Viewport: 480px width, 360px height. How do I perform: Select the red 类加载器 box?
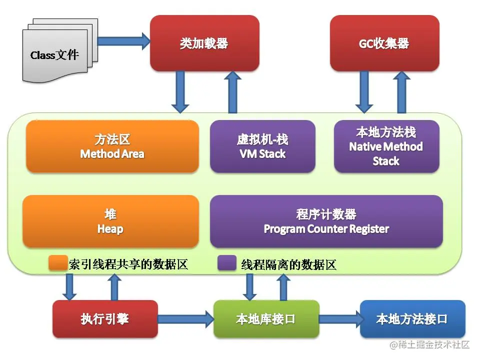coord(204,43)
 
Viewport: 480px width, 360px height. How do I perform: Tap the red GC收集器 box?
coord(384,43)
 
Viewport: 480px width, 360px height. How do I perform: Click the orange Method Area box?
coord(112,146)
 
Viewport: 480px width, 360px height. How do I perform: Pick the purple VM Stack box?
coord(262,146)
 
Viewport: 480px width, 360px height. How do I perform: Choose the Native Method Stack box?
coord(386,146)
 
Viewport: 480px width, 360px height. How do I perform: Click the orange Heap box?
coord(110,221)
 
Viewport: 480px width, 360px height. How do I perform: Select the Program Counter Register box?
coord(326,221)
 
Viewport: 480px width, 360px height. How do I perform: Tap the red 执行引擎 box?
coord(104,319)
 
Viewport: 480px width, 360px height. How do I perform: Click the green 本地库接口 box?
coord(266,319)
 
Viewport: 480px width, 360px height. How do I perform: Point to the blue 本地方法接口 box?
coord(412,319)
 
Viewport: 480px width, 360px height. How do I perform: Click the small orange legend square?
coord(57,263)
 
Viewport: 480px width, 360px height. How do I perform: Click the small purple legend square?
coord(226,263)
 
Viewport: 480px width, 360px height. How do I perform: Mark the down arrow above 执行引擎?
coord(69,286)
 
